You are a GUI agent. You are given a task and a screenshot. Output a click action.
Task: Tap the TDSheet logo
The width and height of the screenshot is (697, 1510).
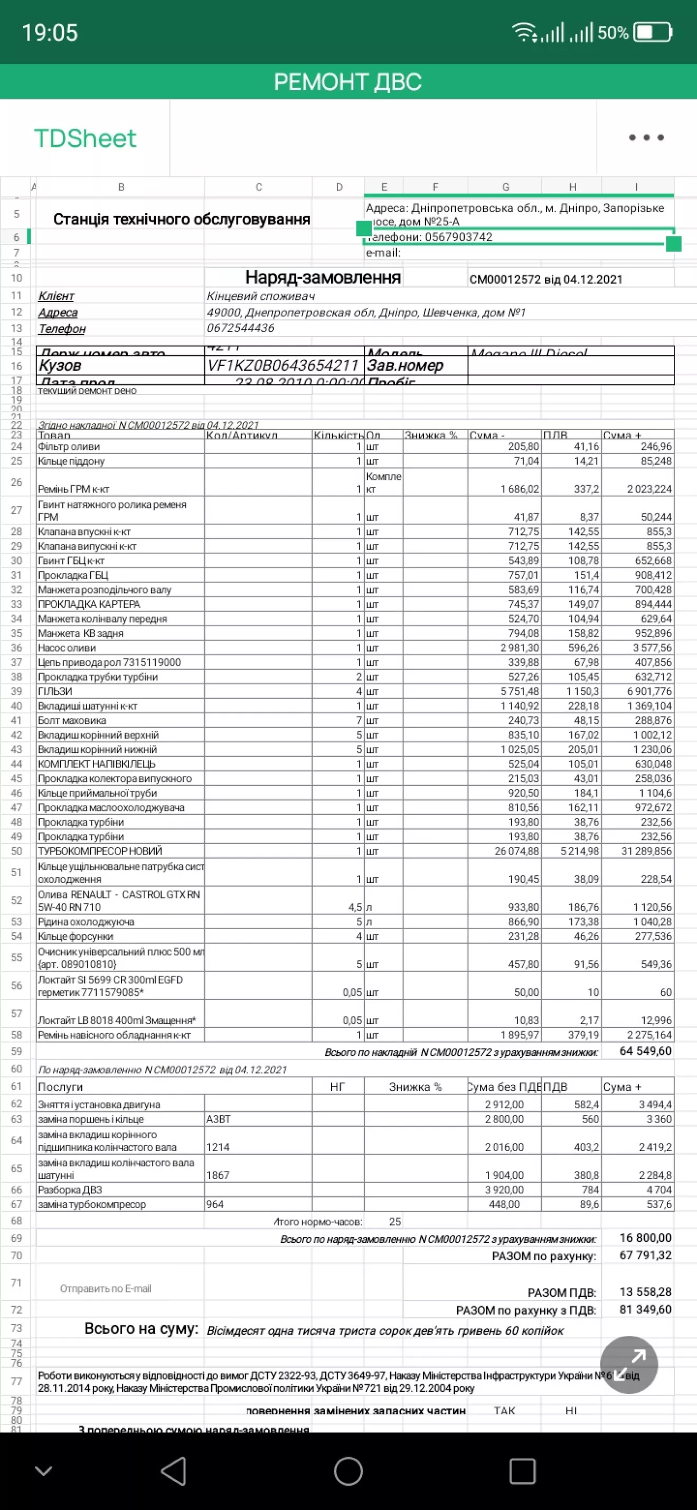coord(85,138)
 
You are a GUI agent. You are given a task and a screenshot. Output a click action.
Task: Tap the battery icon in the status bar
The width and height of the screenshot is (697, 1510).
coord(653,32)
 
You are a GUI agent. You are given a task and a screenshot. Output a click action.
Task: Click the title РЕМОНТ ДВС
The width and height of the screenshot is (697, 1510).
coord(347,81)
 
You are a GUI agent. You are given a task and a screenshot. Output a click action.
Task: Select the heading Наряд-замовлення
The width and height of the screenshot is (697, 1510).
coord(323,277)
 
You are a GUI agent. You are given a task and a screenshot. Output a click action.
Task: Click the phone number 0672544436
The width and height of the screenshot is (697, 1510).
coord(240,328)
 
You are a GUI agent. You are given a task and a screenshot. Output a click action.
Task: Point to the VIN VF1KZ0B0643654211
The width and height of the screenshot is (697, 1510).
coord(282,366)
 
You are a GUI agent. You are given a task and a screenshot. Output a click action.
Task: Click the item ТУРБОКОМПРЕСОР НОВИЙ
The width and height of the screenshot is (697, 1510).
coord(100,851)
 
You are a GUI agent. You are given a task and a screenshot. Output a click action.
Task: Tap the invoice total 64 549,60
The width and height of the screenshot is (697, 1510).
coord(645,1051)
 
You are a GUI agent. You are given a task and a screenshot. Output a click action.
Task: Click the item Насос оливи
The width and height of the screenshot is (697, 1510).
coord(67,648)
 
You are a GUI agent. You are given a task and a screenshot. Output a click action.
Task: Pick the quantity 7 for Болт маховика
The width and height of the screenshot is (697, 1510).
coord(359,720)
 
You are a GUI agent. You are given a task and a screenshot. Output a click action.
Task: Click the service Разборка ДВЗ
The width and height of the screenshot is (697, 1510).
coord(70,1190)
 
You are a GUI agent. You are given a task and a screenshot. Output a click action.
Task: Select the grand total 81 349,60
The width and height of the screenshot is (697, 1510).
coord(645,1309)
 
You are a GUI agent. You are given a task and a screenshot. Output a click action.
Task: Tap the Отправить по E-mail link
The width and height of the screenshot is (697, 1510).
coord(106,1288)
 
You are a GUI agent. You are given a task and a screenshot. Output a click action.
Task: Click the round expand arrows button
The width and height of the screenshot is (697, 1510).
coord(629,1365)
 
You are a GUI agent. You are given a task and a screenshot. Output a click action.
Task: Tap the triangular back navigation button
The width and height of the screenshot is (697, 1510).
coord(174,1471)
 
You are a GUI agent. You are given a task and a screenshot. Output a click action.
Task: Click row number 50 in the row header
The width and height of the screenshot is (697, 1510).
coord(16,851)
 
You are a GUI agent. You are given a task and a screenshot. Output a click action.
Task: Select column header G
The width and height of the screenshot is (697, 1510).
coord(505,187)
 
